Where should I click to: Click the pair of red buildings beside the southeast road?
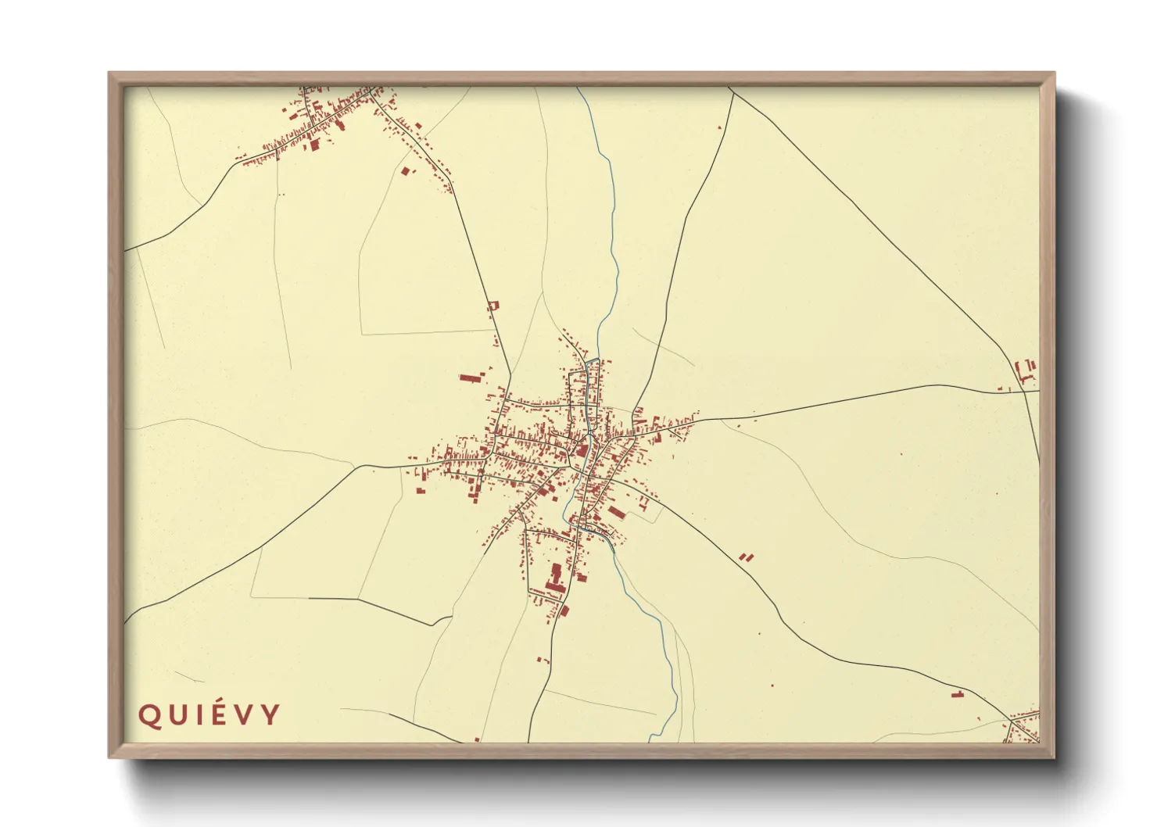tap(746, 557)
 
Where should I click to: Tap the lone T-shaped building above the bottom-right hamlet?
tap(958, 693)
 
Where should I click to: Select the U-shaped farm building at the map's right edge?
tap(1025, 371)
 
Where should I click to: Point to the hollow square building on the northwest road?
tap(493, 306)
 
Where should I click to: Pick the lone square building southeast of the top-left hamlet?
tap(404, 170)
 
